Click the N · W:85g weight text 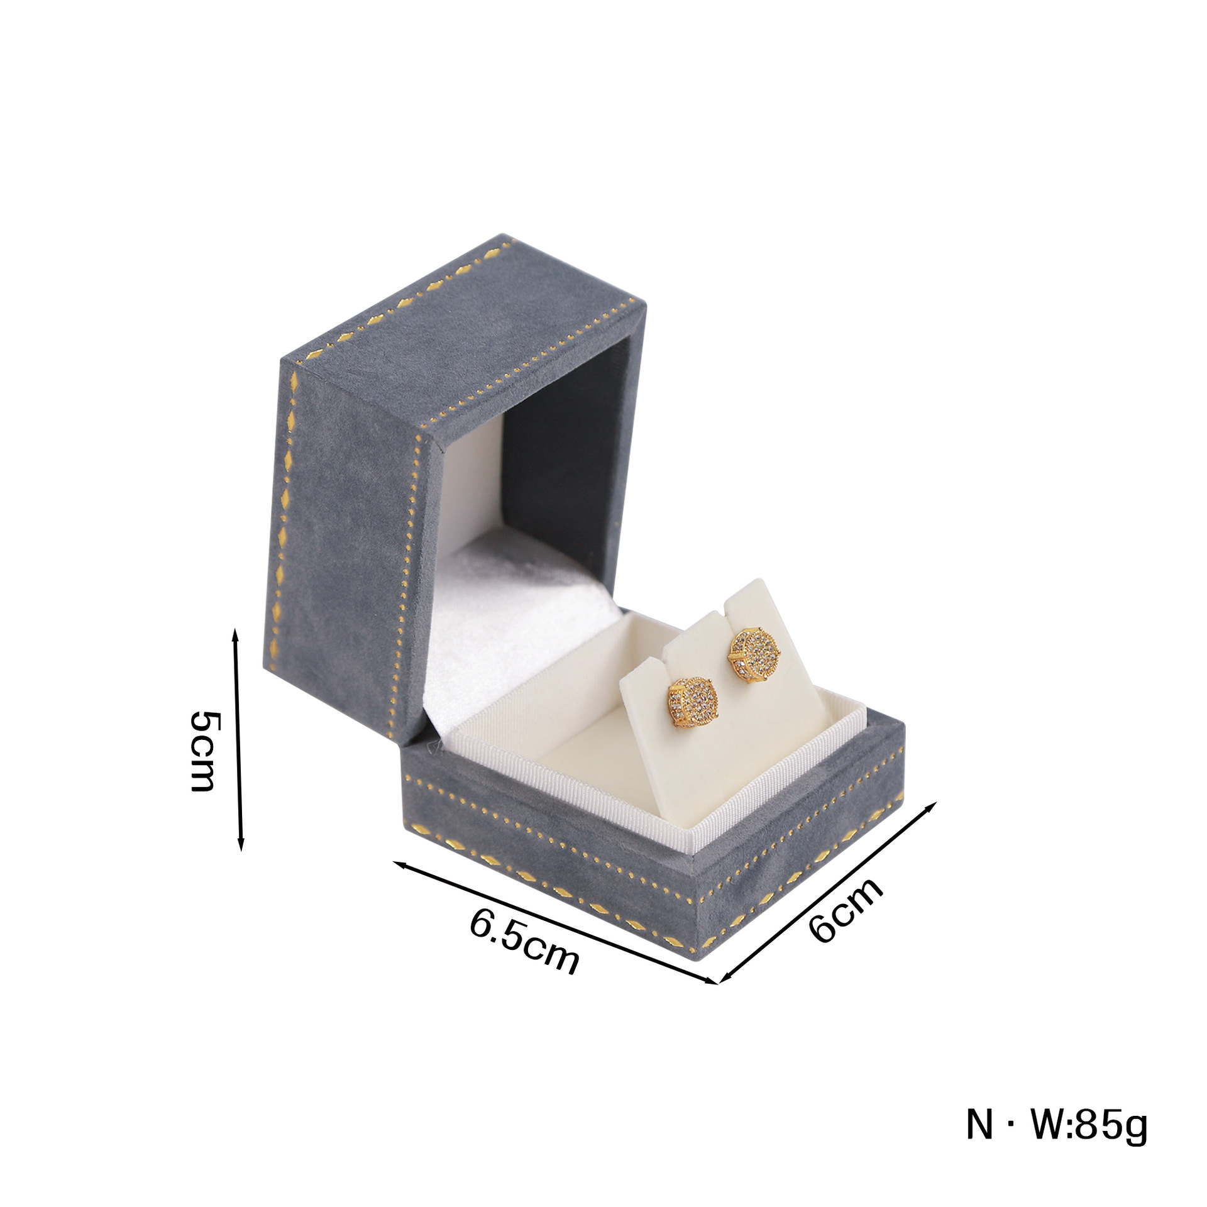click(1056, 1142)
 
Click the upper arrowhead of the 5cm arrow click(236, 633)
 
